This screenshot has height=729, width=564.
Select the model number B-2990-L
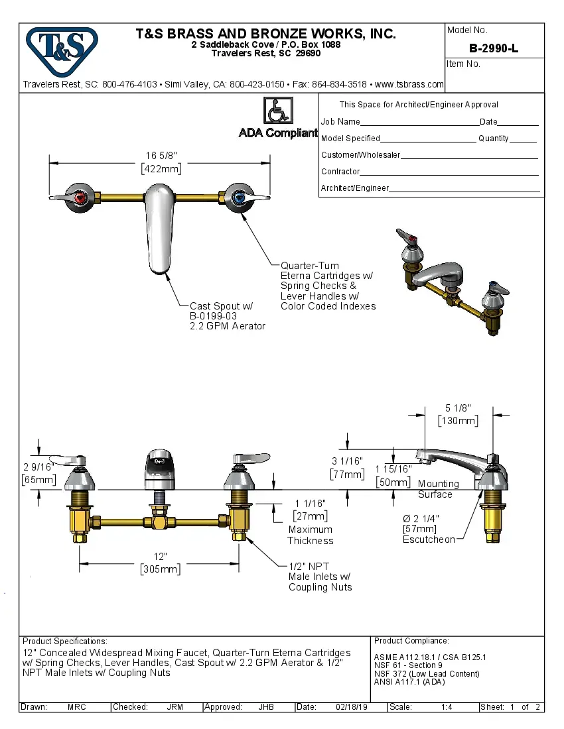coord(493,48)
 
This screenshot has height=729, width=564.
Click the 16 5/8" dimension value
coord(161,156)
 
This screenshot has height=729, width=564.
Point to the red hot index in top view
coord(82,197)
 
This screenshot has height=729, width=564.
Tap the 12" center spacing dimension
coord(160,557)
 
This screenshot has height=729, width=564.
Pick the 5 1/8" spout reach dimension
coord(458,409)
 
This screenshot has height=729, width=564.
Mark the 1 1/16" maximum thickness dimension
coord(310,504)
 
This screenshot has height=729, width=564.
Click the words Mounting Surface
coord(437,489)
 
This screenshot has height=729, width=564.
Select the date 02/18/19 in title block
coord(351,707)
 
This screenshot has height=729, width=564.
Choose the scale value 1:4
coord(447,707)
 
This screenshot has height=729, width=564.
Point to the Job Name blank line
coord(419,123)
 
